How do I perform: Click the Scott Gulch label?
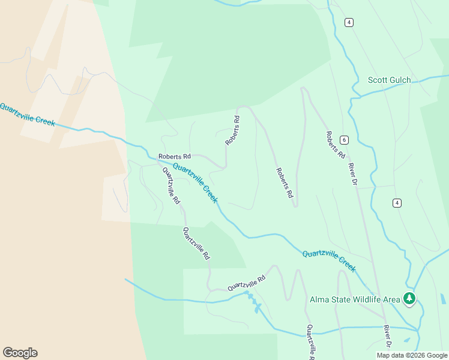[x=389, y=80]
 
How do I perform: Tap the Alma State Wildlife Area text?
[x=355, y=299]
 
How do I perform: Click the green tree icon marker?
[x=409, y=298]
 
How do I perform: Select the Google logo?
[x=20, y=353]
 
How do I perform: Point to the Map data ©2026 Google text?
[x=412, y=355]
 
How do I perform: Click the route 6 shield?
[x=343, y=140]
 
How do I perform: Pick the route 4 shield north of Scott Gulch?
[x=349, y=22]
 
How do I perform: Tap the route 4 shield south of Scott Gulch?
[x=397, y=203]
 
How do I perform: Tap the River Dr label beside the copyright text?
[x=387, y=337]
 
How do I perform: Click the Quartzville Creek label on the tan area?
[x=27, y=114]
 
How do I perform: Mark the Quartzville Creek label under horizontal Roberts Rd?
[x=195, y=183]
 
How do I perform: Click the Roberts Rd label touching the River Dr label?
[x=336, y=145]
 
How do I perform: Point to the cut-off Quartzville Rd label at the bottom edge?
[x=310, y=341]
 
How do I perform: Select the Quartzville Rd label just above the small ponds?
[x=246, y=283]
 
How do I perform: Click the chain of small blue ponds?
[x=253, y=302]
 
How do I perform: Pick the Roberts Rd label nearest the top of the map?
[x=233, y=131]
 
